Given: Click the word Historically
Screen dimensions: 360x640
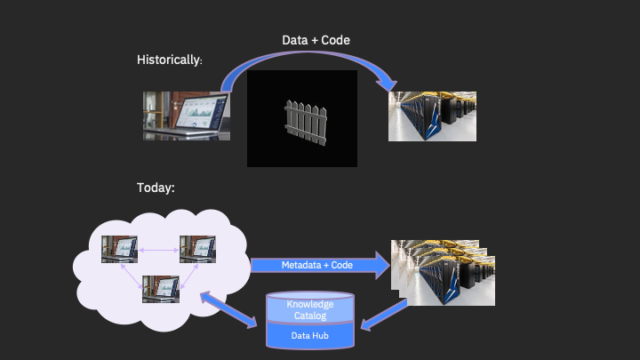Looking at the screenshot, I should point(169,60).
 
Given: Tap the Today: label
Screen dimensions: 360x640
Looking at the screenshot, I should point(156,188).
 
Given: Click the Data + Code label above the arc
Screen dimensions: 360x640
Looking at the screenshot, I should point(316,41).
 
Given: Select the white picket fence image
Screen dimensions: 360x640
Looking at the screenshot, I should point(302,119).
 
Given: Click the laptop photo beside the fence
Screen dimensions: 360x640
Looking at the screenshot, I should point(187,116).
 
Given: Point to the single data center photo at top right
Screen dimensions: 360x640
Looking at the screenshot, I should point(432,117).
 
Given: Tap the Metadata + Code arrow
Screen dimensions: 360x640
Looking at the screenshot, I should point(320,265).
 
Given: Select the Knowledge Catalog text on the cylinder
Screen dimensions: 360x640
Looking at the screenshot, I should point(310,309).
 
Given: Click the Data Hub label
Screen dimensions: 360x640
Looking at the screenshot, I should point(310,335).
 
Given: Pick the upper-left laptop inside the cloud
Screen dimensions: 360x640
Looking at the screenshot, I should point(119,249).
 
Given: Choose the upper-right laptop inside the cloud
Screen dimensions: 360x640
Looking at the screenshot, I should point(197,249).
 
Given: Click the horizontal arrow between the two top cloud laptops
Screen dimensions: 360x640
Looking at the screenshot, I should point(158,249).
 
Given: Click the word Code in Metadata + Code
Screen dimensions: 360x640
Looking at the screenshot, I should point(342,265).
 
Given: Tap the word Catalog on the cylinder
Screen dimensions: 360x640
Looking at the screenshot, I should point(310,315).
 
